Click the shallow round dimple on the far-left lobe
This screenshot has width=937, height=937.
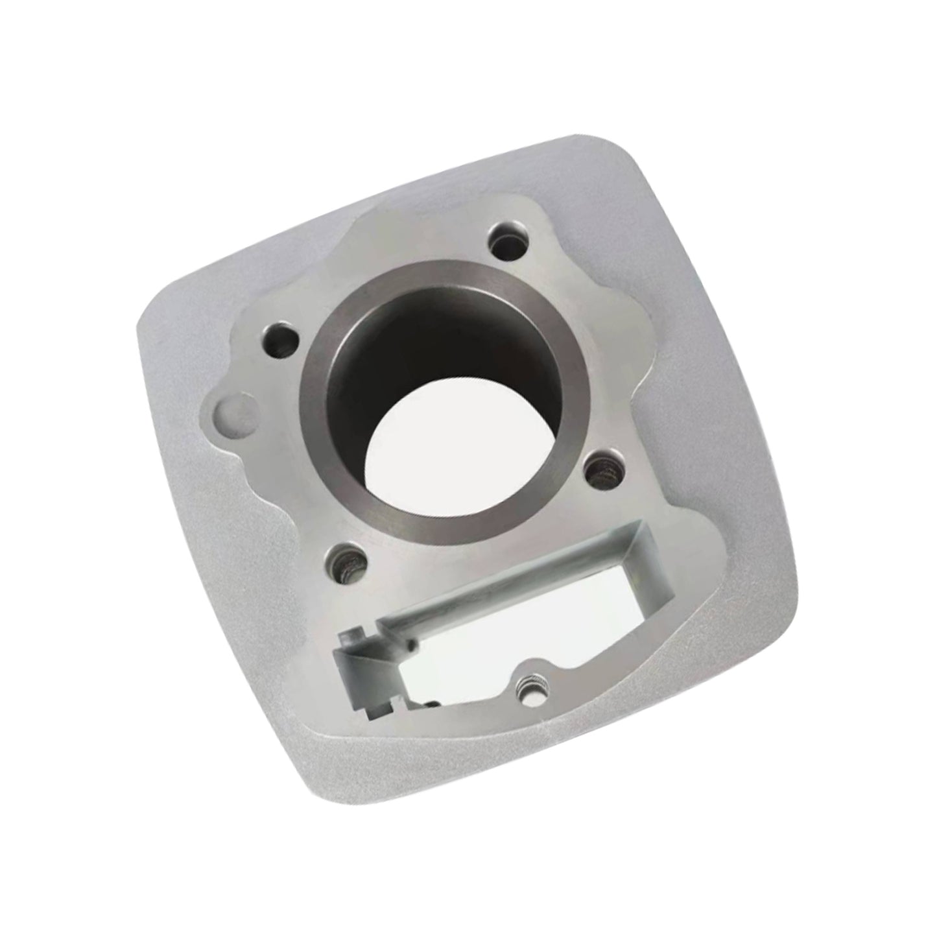[228, 414]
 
